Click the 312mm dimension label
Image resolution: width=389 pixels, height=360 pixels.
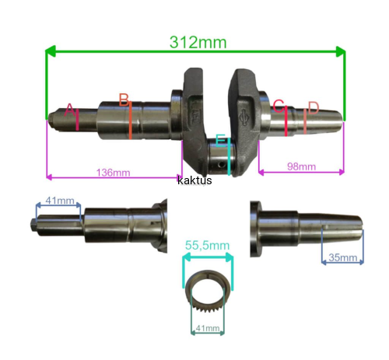click(x=198, y=42)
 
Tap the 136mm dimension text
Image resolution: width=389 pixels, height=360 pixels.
click(x=113, y=173)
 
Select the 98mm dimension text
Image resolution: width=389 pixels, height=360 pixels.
click(x=301, y=166)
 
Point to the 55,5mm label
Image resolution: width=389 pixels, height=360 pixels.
click(x=207, y=245)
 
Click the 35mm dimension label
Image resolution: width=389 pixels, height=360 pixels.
click(x=342, y=257)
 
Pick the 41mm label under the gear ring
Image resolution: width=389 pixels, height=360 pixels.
click(x=208, y=328)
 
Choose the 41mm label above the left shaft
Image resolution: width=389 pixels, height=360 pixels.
click(x=60, y=201)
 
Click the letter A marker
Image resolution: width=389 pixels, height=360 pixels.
click(x=70, y=110)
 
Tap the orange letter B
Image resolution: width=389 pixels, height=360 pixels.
click(x=124, y=100)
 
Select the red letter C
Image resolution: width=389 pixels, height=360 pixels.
click(x=279, y=106)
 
